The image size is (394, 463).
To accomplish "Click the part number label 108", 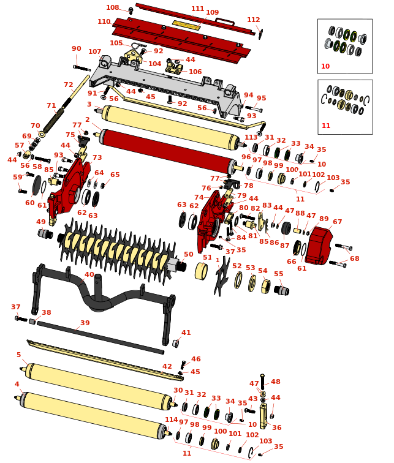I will pos(113,8).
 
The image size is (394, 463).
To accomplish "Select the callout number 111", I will pos(197,9).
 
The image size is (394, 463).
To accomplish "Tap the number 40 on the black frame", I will pos(89,275).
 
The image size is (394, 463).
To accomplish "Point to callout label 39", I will pos(85,323).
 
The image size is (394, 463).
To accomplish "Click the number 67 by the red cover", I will pos(337,222).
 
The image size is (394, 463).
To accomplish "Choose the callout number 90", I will pos(76,49).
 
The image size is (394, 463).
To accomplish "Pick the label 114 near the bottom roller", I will pos(171,420).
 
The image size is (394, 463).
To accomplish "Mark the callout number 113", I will pos(251,137).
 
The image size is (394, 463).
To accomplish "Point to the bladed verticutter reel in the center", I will pos(116,245).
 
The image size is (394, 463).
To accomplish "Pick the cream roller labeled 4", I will pos(92,413).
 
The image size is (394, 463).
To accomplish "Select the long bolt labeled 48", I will pos(262,382).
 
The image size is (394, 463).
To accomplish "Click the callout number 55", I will pos(279,274).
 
